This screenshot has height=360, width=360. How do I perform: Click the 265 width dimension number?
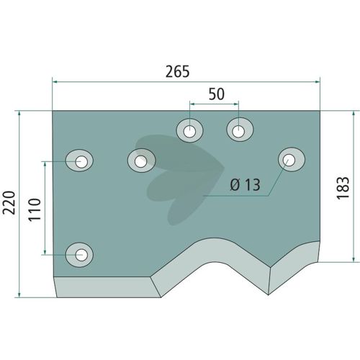tap(178, 71)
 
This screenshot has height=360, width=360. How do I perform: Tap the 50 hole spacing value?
tap(217, 94)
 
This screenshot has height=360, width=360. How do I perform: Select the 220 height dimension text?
tap(9, 203)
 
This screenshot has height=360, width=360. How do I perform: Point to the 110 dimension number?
tap(35, 210)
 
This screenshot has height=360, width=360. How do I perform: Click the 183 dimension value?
tap(343, 188)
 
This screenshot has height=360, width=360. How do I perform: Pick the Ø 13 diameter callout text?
tap(245, 185)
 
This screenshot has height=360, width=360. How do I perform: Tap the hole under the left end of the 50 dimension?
tap(189, 131)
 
